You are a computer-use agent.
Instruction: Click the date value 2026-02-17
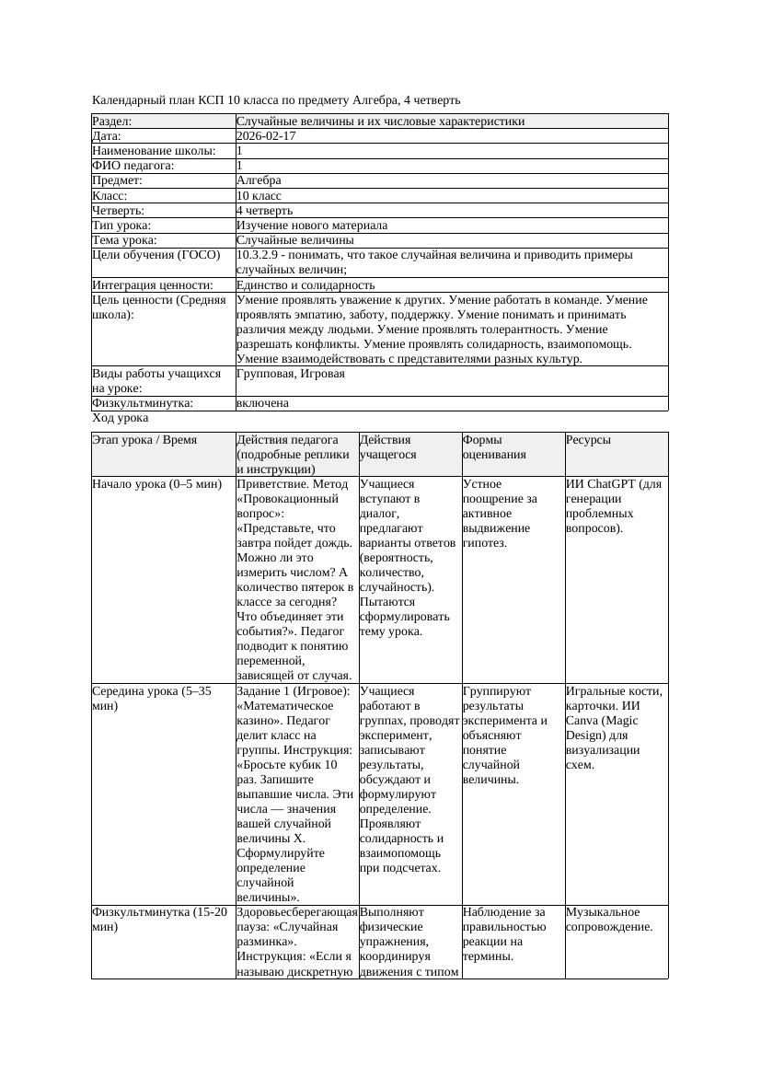tap(266, 136)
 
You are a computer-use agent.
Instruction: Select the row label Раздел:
tap(112, 122)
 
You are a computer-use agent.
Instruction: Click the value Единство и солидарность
tap(305, 285)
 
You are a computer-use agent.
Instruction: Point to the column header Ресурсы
tap(588, 441)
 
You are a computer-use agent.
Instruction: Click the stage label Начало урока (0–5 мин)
tap(156, 484)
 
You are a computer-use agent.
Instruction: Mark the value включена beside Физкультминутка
tap(262, 403)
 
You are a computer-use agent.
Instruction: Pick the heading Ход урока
tap(121, 419)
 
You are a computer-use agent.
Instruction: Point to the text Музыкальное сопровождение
tap(608, 919)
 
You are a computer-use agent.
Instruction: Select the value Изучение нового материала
tap(311, 226)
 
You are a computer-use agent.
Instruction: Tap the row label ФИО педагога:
tap(133, 166)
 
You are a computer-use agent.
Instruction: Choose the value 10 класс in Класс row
tap(259, 196)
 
